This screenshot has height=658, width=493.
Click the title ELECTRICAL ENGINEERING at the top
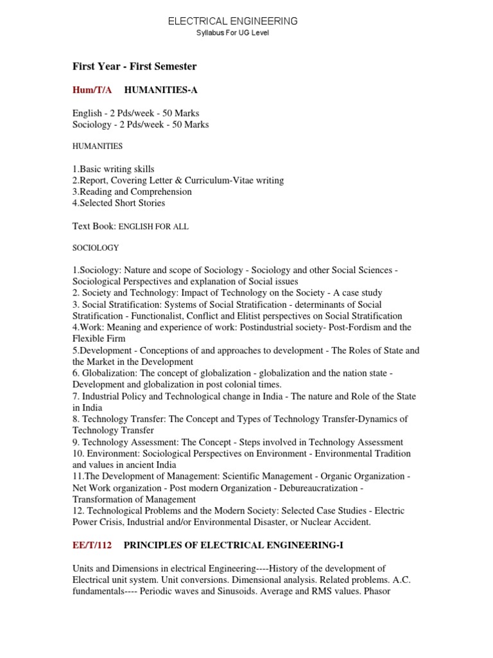pos(232,21)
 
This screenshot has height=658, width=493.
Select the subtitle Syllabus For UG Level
pos(232,33)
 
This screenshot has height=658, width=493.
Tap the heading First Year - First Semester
pos(134,66)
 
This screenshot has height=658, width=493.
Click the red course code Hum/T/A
pos(92,90)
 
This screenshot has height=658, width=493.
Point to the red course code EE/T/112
pos(92,546)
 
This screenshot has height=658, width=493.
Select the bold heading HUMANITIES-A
pos(156,90)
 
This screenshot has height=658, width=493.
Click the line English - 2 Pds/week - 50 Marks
pos(135,113)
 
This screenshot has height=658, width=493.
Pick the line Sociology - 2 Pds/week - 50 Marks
pos(141,124)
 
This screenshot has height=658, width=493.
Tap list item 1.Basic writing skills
pos(114,169)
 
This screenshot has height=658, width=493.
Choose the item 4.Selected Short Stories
pos(119,203)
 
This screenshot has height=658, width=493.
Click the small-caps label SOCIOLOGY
pos(96,247)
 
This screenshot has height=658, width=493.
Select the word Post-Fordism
pos(355,327)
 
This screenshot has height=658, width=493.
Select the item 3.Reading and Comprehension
pos(132,191)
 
